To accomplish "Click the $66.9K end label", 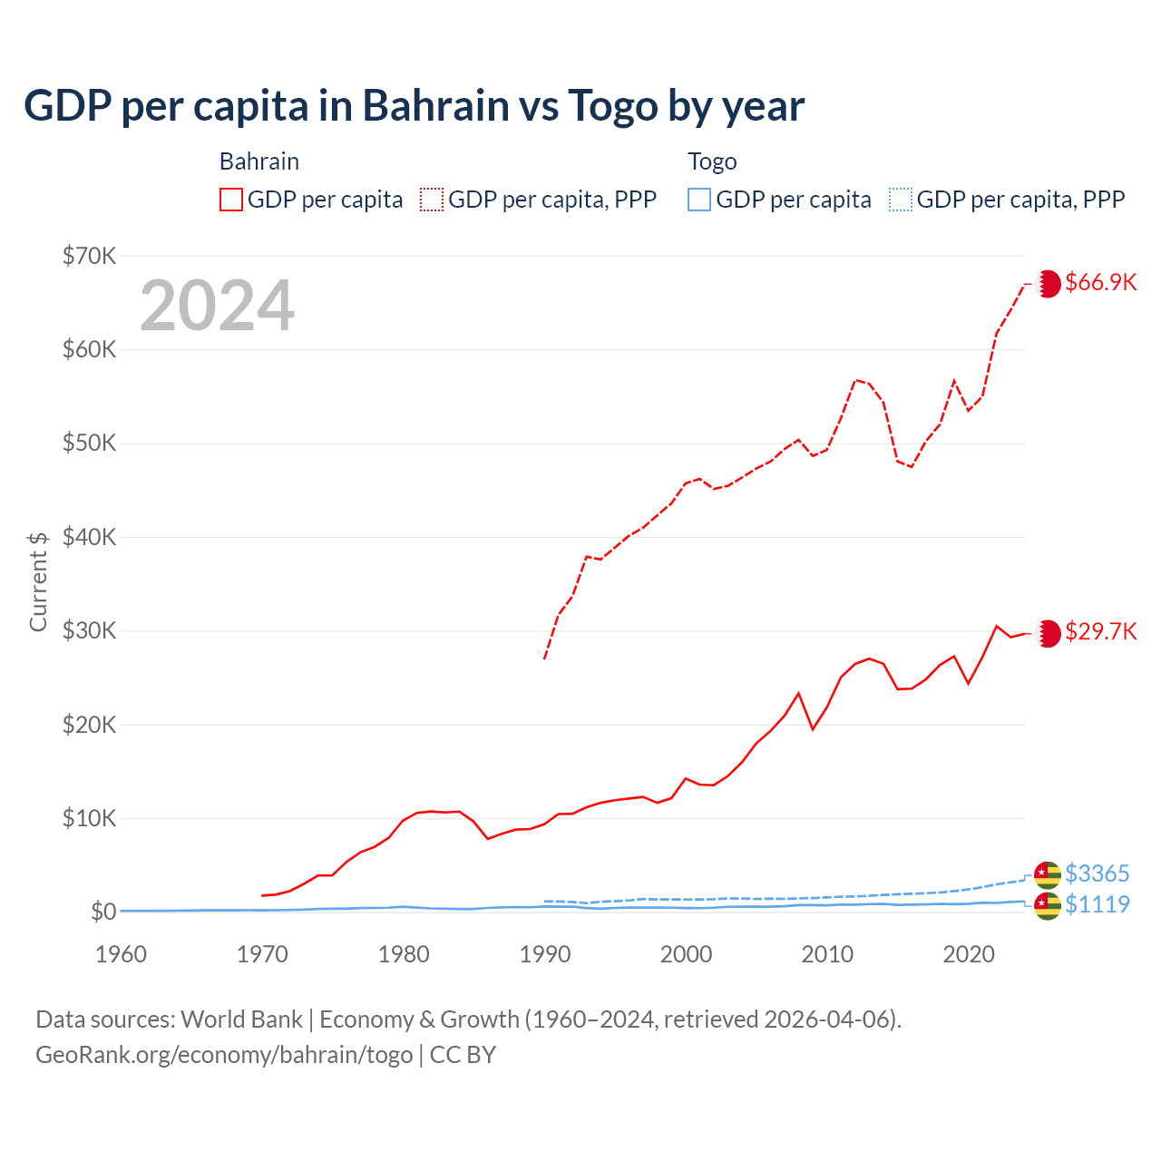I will tap(1100, 282).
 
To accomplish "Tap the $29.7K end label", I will tap(1100, 631).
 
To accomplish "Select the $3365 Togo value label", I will tap(1097, 873).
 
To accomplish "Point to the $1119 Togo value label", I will tap(1097, 904).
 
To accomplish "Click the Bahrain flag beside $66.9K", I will tap(1048, 283).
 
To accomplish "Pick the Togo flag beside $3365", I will tap(1048, 874).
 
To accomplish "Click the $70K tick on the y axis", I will tap(89, 256).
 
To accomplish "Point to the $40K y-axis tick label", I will tap(89, 537).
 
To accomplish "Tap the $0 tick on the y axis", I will tap(103, 912).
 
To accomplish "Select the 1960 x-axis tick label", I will tap(122, 954).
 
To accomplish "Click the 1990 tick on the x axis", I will tap(545, 954).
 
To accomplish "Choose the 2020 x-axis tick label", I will tap(969, 954).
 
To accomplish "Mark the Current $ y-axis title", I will tap(38, 581).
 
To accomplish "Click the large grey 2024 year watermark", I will tap(217, 306).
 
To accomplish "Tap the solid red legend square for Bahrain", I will tap(231, 200).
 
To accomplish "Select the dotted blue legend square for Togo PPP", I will tap(901, 200).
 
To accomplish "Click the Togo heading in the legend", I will tap(712, 161).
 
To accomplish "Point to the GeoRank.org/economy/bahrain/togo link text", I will tap(224, 1055).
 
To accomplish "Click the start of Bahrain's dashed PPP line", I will tap(544, 658).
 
